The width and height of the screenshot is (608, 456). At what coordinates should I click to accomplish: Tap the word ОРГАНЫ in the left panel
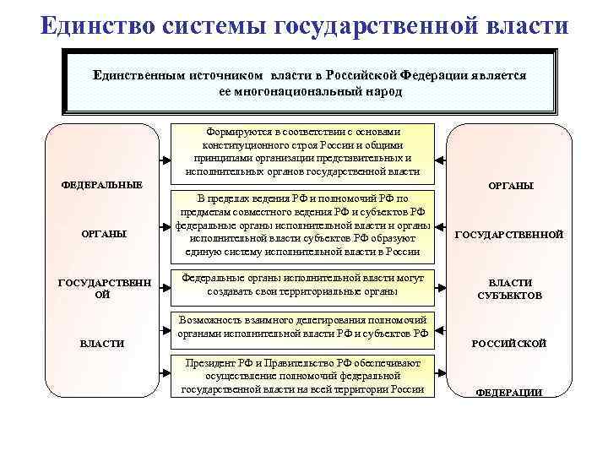point(102,234)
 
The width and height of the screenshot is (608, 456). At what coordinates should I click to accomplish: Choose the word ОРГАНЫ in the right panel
point(510,185)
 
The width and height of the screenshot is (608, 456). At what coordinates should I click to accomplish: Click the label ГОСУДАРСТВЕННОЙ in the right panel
point(509,235)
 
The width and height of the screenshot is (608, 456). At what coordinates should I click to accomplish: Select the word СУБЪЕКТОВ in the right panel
point(509,296)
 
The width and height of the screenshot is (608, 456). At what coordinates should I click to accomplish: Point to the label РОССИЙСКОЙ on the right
point(509,344)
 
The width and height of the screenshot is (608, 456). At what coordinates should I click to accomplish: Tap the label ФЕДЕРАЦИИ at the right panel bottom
point(509,393)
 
